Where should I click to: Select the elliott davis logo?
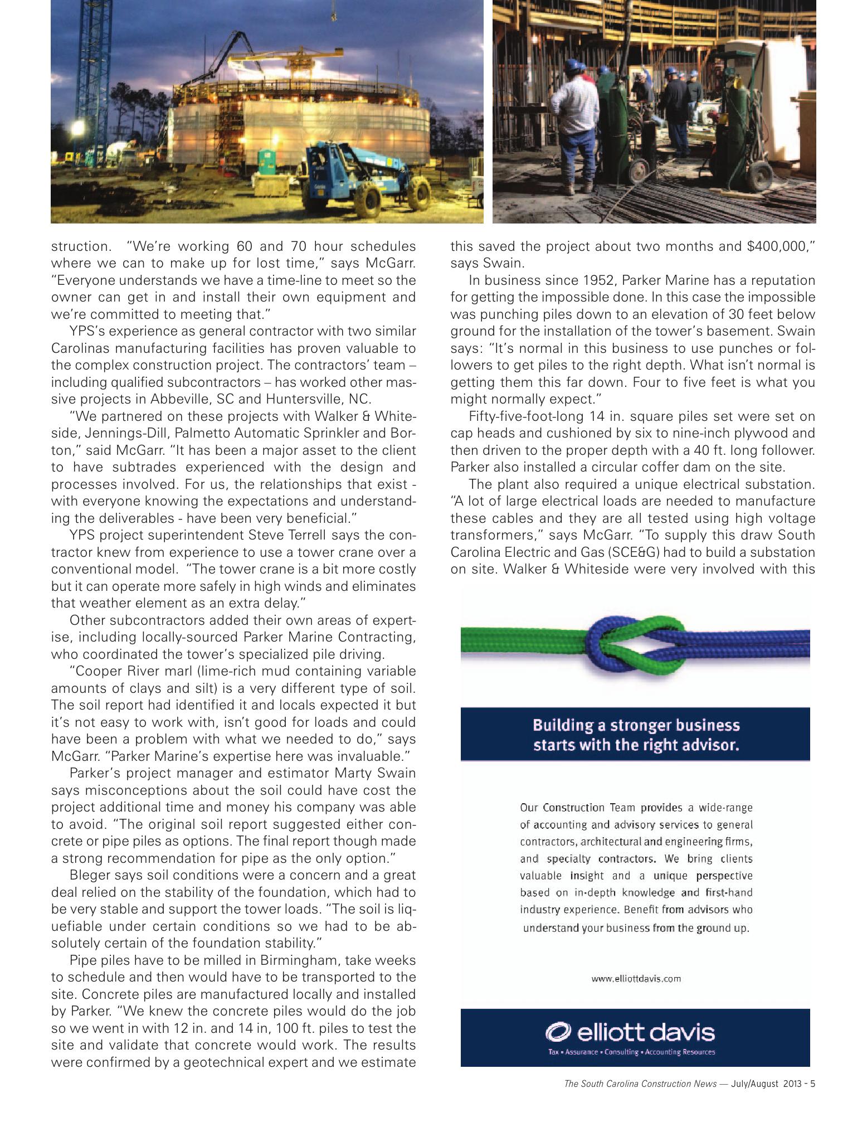click(x=630, y=1032)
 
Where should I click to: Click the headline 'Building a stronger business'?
click(x=636, y=725)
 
